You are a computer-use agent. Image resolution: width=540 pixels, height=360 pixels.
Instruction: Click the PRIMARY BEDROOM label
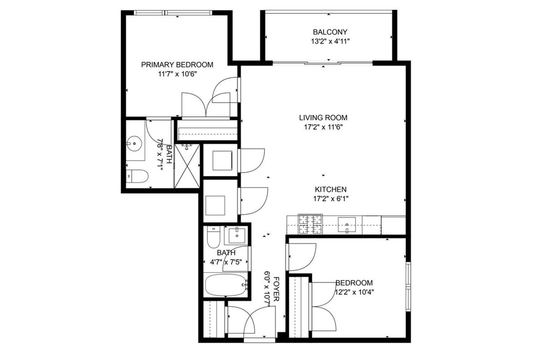click(x=177, y=65)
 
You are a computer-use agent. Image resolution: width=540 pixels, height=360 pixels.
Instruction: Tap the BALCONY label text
click(x=330, y=32)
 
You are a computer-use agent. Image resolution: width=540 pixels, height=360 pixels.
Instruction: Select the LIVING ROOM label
click(x=323, y=118)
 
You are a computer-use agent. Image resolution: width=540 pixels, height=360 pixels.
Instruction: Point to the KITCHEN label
click(x=331, y=189)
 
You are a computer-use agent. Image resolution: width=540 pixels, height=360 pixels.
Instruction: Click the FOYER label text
click(x=276, y=289)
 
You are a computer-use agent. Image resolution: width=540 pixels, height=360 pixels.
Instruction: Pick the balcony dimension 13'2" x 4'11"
click(x=330, y=42)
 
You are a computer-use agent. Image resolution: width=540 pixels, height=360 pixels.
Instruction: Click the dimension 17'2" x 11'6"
click(x=323, y=127)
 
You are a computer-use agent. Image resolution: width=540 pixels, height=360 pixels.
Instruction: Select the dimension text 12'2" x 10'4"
click(x=354, y=292)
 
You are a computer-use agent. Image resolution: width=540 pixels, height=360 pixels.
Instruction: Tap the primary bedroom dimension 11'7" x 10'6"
click(x=178, y=74)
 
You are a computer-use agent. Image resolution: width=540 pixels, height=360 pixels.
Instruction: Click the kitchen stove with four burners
click(x=310, y=224)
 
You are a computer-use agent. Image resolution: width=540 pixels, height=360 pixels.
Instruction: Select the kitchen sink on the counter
click(x=347, y=225)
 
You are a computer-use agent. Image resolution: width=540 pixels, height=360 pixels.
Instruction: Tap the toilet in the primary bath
click(x=137, y=176)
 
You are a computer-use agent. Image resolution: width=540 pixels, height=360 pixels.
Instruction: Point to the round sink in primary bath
click(x=134, y=144)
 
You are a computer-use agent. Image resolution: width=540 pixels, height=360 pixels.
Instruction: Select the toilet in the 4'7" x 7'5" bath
click(x=214, y=237)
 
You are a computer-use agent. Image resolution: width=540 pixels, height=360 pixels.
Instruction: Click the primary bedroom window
click(x=173, y=13)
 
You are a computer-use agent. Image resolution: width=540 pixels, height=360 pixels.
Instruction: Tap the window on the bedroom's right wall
click(x=408, y=287)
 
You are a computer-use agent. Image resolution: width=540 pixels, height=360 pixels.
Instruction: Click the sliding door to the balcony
click(x=322, y=63)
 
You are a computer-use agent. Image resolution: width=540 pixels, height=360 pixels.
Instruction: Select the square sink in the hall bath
click(x=237, y=235)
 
